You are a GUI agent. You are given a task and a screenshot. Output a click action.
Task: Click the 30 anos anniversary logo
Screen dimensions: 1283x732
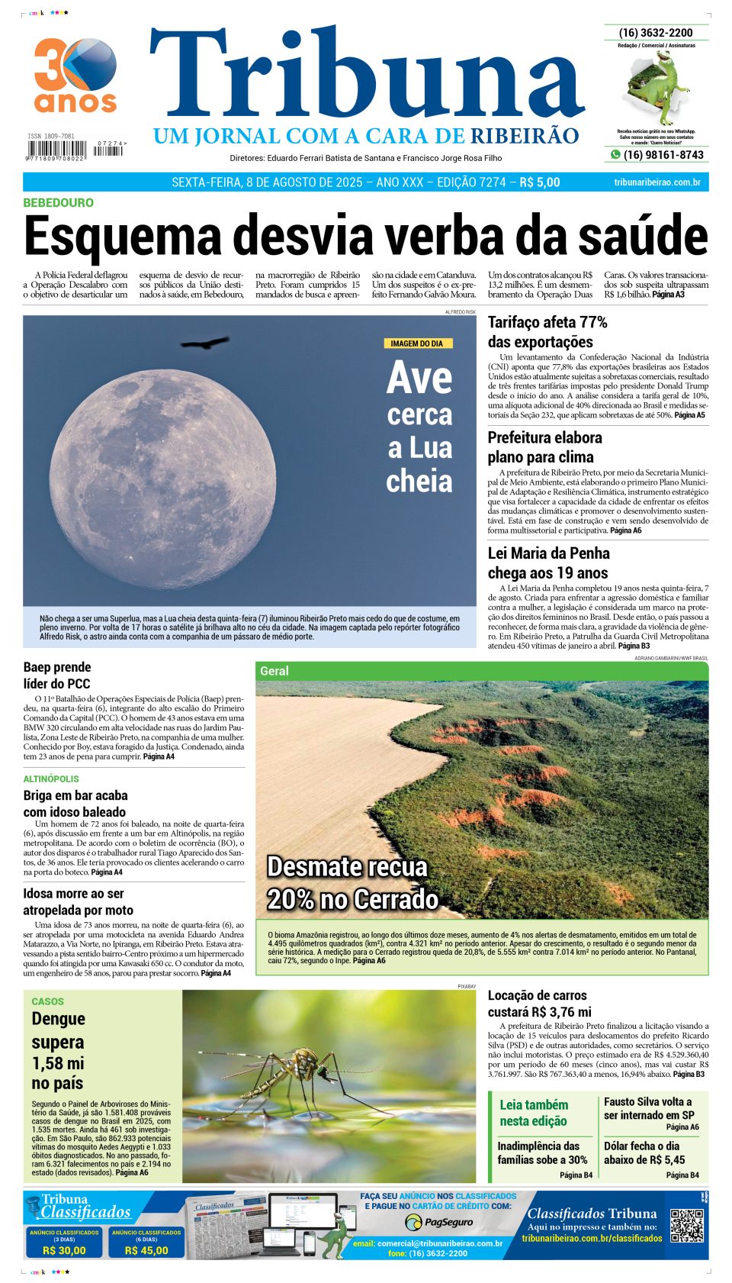pos(75,75)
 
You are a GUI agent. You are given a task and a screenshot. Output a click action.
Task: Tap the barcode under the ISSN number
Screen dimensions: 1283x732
pos(56,148)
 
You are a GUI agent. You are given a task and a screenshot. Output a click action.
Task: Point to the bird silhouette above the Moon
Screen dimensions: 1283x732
pos(204,343)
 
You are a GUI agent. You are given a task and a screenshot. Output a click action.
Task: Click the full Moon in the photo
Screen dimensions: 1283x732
pos(164,467)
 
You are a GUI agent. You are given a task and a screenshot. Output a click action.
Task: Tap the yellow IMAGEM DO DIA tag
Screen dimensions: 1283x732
pos(417,343)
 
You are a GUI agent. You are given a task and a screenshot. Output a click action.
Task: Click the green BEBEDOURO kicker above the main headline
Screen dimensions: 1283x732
pos(59,203)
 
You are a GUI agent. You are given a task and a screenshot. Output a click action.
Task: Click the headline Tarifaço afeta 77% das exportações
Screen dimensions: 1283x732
pos(547,332)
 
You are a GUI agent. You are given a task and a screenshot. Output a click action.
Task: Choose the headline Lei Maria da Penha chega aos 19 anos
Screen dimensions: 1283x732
pos(548,563)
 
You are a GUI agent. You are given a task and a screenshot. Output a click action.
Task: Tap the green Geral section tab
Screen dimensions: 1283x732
pos(274,671)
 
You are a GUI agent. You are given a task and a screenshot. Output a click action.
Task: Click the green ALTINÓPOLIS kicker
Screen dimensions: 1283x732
pos(51,779)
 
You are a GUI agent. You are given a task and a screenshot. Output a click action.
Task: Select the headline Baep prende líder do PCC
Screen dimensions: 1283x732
pos(57,675)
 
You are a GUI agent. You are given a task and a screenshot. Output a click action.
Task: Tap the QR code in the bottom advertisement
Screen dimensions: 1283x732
pos(686,1226)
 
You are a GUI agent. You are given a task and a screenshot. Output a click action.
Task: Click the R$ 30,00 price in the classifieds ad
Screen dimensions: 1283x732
pos(64,1250)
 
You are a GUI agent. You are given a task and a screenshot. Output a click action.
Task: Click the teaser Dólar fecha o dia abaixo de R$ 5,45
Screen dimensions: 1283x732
pos(644,1152)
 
